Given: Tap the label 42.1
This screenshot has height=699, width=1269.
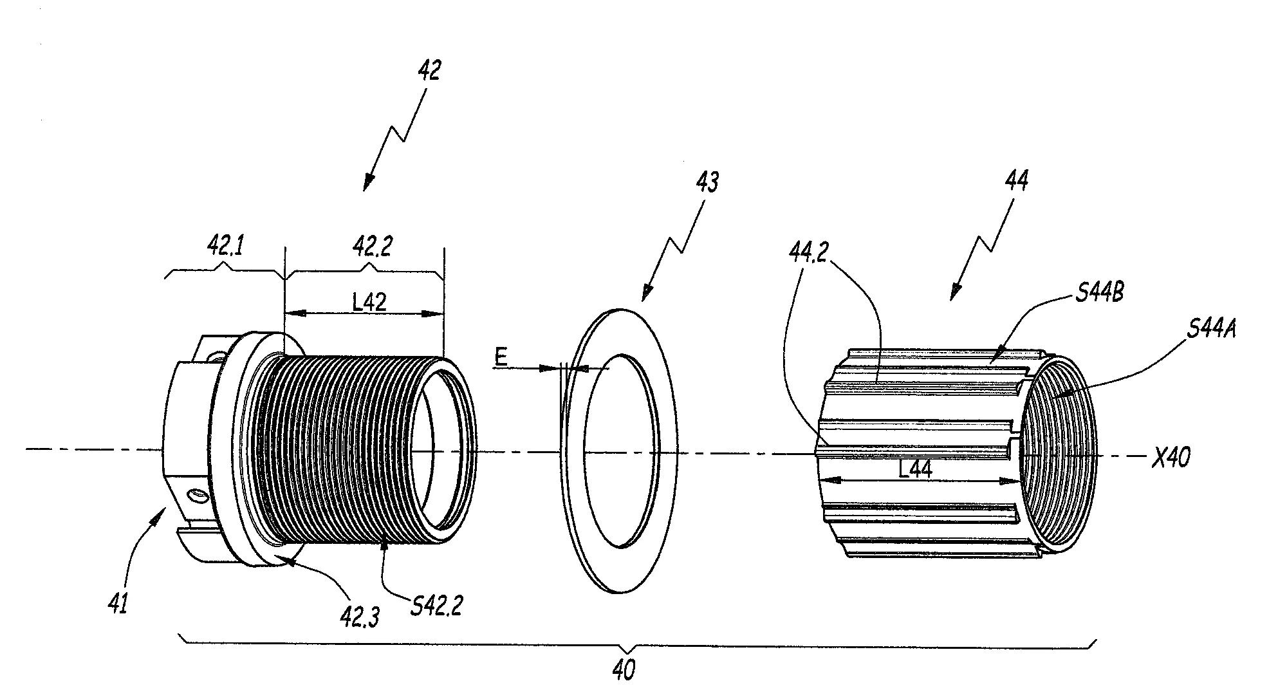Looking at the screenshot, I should coord(225,245).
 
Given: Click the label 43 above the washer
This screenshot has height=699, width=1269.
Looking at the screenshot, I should coord(707,183).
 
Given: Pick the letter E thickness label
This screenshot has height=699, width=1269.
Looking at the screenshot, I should coord(501,358).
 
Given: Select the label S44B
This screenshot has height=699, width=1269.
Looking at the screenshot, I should coord(1099,294).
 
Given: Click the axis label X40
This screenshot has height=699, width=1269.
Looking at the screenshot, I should coord(1170,458).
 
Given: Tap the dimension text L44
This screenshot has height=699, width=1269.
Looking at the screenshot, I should coord(914,471).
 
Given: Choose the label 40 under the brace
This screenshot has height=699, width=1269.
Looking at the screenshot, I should coord(623,671).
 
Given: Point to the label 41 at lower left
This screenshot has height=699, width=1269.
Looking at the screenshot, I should coord(118,604).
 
